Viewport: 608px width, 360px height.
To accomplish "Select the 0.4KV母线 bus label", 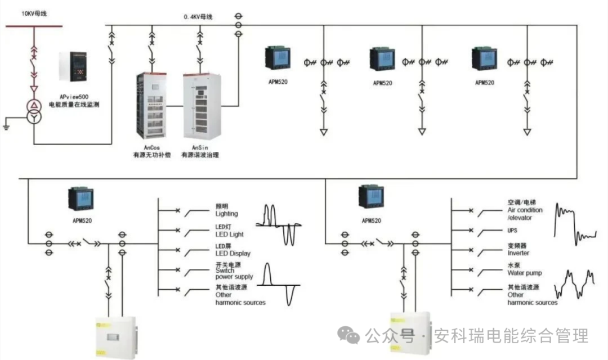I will (x=198, y=17).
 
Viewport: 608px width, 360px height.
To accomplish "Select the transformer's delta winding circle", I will (x=34, y=106).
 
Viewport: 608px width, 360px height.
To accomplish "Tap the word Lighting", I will (x=226, y=214).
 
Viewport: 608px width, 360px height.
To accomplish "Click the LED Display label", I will (x=233, y=254).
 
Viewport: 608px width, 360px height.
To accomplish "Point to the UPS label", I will (x=512, y=231).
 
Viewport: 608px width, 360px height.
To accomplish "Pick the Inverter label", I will (x=518, y=253).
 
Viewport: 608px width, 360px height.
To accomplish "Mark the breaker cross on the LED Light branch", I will (x=178, y=229).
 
